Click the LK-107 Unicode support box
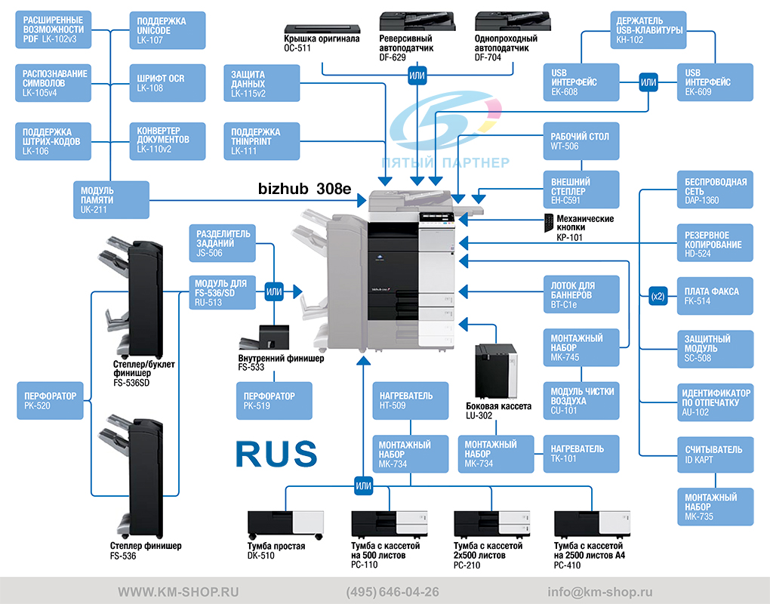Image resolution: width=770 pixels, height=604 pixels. pos(168,30)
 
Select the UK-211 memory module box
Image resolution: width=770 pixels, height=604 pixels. pos(112,200)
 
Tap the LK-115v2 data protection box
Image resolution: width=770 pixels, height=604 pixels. pos(262,84)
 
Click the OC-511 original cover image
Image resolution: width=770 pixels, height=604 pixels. pos(322,29)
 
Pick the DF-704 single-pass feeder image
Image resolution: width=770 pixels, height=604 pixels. pos(513,22)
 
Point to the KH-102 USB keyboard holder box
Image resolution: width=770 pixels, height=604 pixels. pos(648,30)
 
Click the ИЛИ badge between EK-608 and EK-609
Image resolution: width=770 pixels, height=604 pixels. pos(648,82)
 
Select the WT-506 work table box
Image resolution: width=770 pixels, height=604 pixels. pos(581,141)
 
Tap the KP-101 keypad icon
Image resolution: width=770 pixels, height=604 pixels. pos(549,223)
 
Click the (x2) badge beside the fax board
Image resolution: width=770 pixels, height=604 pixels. pos(658,296)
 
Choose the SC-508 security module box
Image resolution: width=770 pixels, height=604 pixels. pos(716,349)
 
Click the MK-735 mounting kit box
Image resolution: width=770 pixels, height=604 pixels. pos(716,507)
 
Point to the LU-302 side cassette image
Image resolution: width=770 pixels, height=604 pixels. pos(496,371)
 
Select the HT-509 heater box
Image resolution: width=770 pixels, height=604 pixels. pos(411,401)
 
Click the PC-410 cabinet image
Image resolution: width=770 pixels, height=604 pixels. pos(592,523)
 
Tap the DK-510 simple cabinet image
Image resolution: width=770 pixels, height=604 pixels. pos(286,525)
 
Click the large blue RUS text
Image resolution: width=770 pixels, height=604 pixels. pos(276,453)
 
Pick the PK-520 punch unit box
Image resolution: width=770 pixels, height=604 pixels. pos(50,401)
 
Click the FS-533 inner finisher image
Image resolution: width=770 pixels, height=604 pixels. pos(264,337)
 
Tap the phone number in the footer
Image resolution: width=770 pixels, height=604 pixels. pos(393,592)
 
